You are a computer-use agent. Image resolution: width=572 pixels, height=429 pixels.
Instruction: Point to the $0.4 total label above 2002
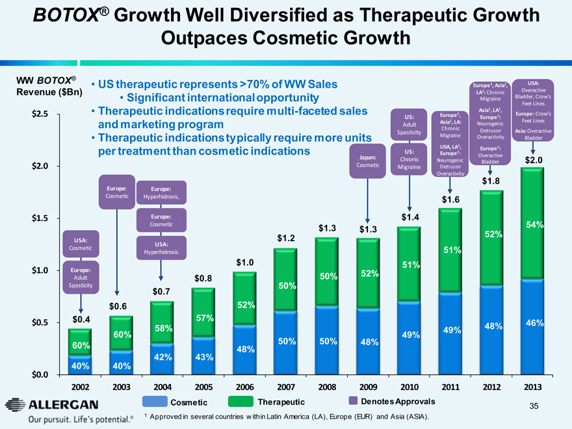click(x=81, y=320)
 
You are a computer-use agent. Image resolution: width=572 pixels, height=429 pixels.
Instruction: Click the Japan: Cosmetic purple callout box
click(x=368, y=161)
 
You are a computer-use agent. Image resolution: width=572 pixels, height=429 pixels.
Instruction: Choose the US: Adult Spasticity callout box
click(x=409, y=124)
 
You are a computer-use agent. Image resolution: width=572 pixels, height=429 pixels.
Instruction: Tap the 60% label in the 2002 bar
click(x=81, y=344)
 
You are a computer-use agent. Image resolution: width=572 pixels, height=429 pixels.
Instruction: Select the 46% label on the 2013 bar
click(x=534, y=322)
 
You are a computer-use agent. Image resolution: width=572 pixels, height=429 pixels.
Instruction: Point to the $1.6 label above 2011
click(x=451, y=199)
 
